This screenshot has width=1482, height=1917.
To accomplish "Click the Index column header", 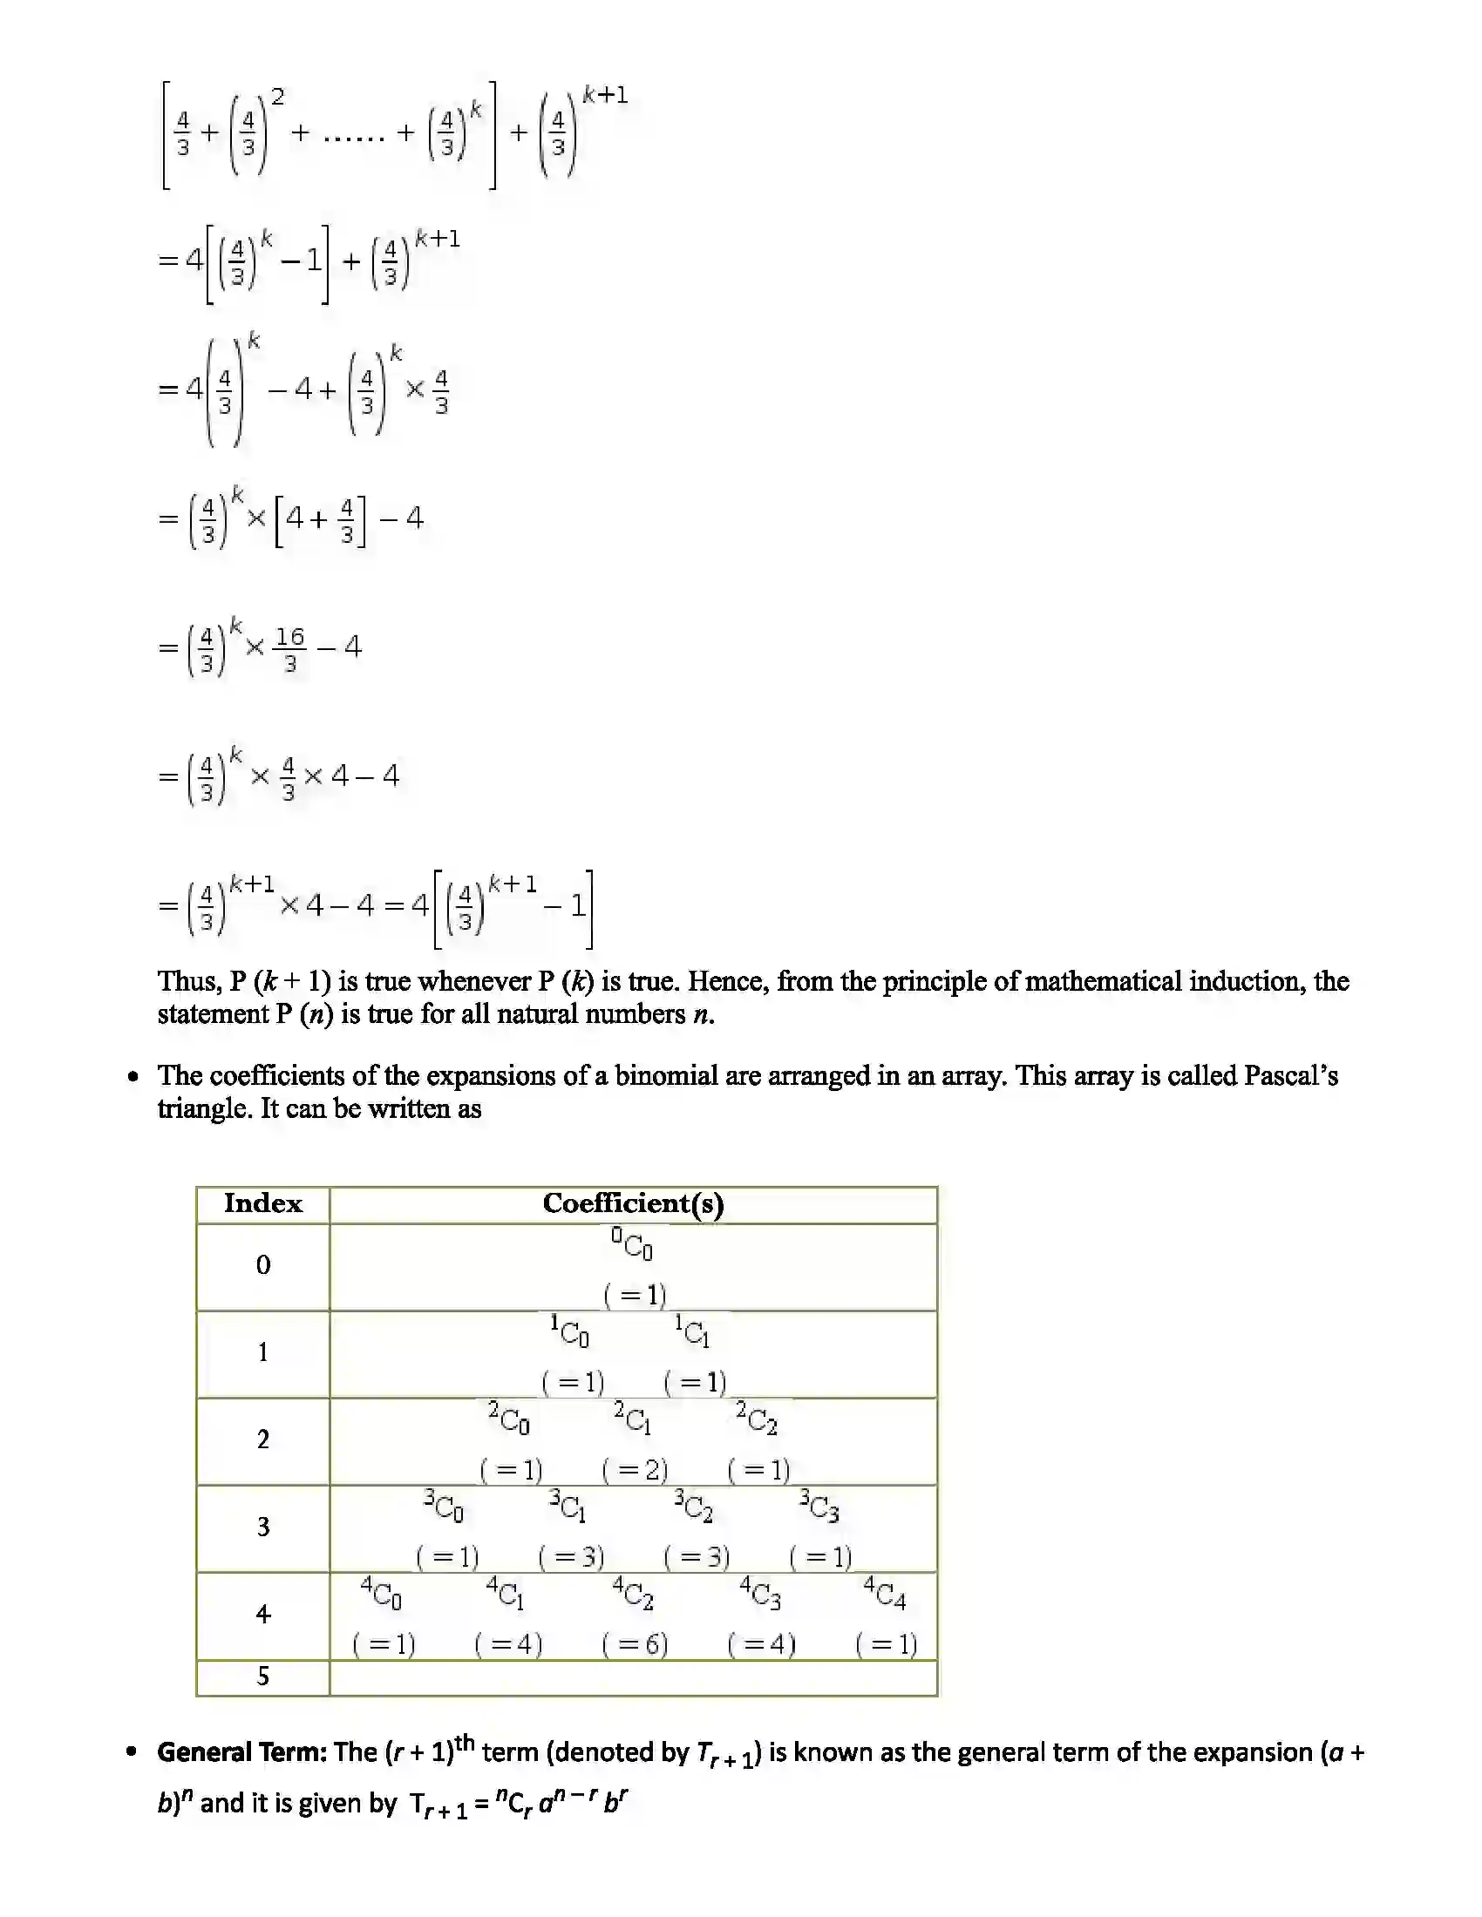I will coord(262,1203).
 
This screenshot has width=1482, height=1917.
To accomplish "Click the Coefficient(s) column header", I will coord(633,1203).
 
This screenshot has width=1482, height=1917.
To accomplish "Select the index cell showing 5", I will coord(262,1677).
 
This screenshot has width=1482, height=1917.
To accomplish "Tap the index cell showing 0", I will coord(262,1265).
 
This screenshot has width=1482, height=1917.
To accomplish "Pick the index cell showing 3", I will coord(262,1527).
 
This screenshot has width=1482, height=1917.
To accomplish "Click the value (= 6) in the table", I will coord(635,1644).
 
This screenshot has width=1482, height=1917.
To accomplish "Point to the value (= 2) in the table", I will coord(635,1469).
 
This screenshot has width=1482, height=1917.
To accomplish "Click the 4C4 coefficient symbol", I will coord(885,1592).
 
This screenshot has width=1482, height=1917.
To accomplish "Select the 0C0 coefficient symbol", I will coord(633,1243).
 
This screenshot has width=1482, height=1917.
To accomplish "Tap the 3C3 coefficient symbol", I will coord(819,1506).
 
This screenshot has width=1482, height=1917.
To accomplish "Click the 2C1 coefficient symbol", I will coord(633,1419).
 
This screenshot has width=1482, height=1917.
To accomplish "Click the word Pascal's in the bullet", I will coord(1290,1076).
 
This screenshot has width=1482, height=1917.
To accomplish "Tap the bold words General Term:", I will coord(242,1753).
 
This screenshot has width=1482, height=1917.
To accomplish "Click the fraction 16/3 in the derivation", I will coord(289,649).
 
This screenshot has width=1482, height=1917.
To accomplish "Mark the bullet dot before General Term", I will coord(132,1753).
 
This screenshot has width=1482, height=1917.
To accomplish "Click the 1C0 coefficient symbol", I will coord(570,1331).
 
